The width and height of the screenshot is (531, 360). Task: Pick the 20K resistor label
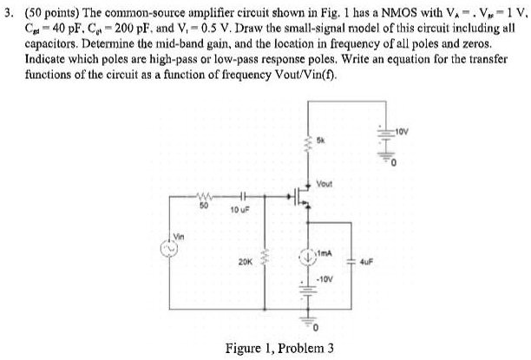tap(221, 259)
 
